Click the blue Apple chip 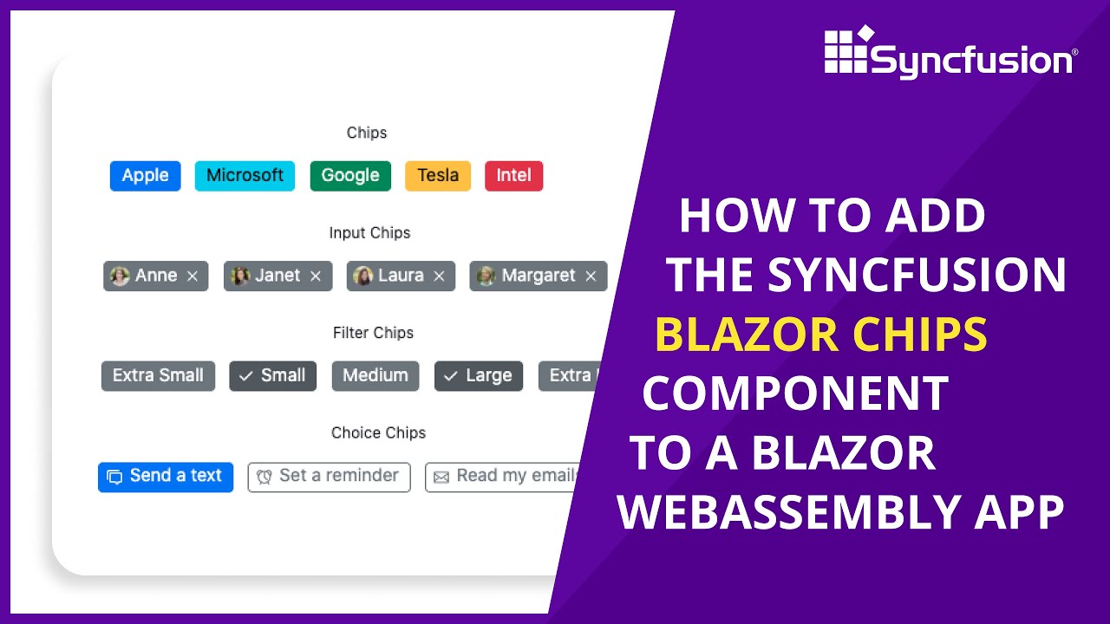[145, 176]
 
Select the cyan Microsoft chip [245, 176]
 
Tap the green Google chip [350, 176]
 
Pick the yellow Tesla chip [438, 176]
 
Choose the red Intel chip [513, 176]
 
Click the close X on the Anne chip [193, 276]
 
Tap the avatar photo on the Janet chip [240, 276]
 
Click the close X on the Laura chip [439, 276]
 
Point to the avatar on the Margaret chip [486, 276]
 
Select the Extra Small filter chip [158, 376]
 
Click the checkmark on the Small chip [245, 376]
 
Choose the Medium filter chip [375, 376]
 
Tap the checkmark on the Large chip [450, 376]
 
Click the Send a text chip [166, 477]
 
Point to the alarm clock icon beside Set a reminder [264, 477]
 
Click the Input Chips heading [369, 233]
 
